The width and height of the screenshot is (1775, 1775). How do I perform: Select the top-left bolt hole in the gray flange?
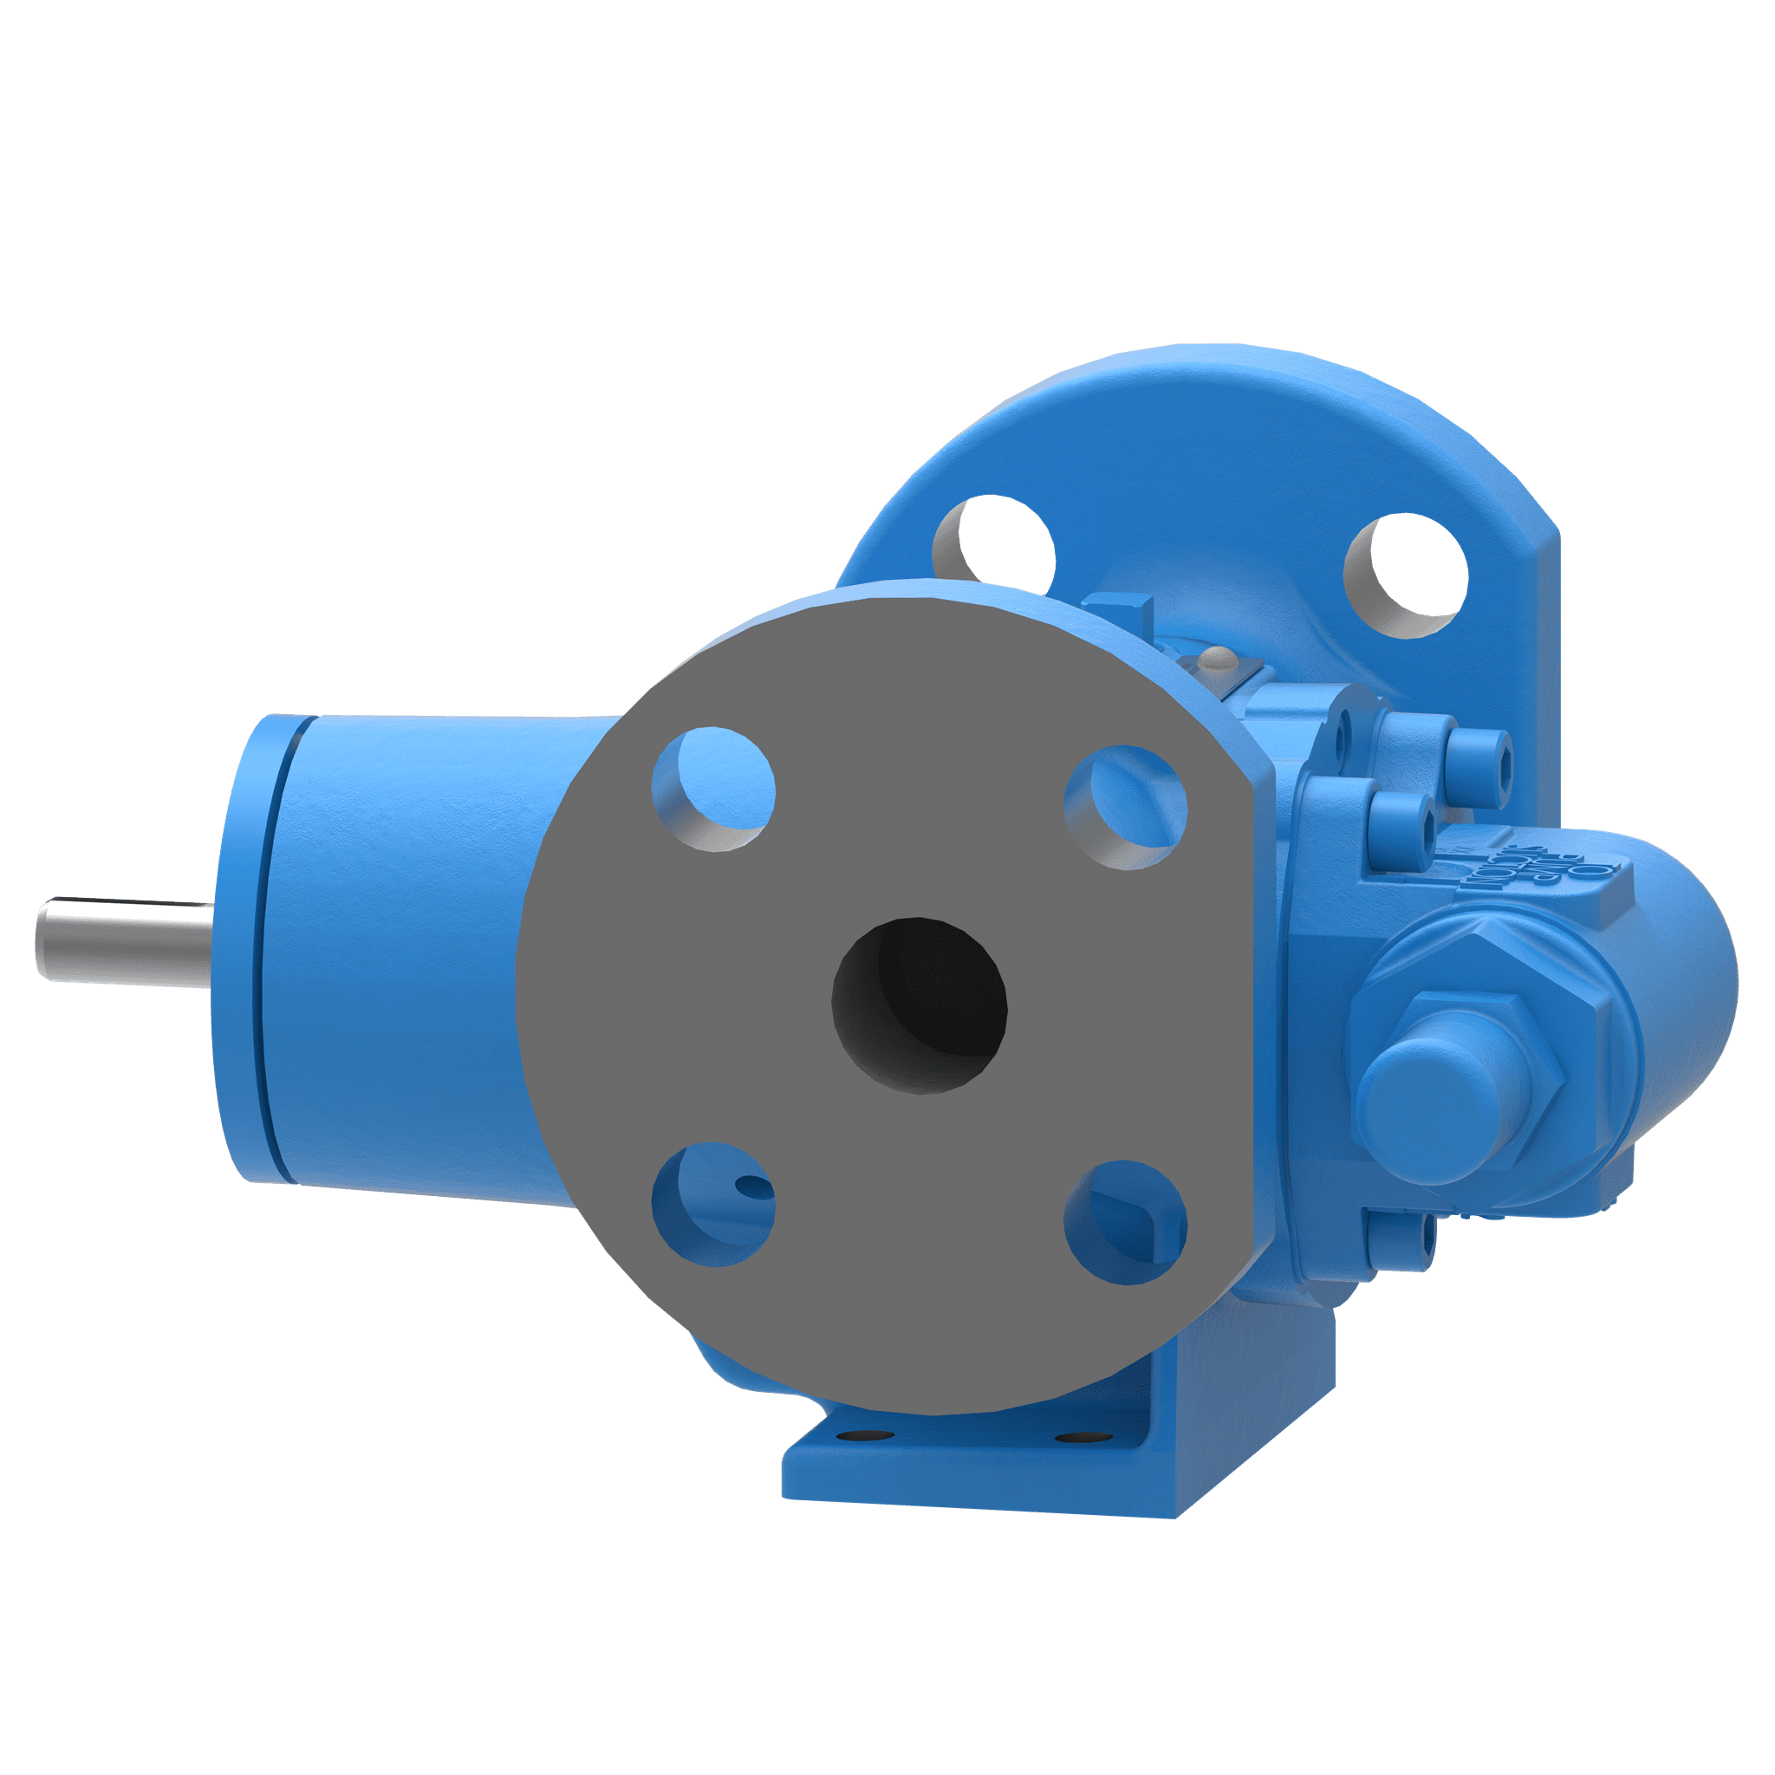click(x=713, y=790)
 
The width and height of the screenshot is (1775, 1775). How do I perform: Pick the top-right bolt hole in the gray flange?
click(x=1126, y=806)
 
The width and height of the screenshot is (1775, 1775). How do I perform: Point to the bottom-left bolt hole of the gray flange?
click(x=713, y=1205)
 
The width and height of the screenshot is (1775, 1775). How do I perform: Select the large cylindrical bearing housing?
click(x=413, y=946)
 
